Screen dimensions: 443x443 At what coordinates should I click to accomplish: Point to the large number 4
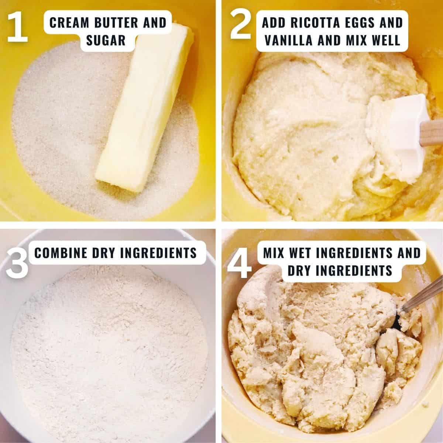tap(239, 263)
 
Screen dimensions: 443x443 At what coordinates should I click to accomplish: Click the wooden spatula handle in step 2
tap(431, 133)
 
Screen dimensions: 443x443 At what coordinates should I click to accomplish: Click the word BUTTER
tap(116, 23)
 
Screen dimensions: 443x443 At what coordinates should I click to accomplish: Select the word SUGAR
tap(106, 40)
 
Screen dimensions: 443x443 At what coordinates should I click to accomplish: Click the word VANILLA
tap(289, 40)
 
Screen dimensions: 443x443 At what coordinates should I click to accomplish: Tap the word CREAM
tap(69, 23)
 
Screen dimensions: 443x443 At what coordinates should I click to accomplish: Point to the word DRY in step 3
tap(103, 253)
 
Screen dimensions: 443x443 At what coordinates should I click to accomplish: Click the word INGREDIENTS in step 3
tap(158, 253)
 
